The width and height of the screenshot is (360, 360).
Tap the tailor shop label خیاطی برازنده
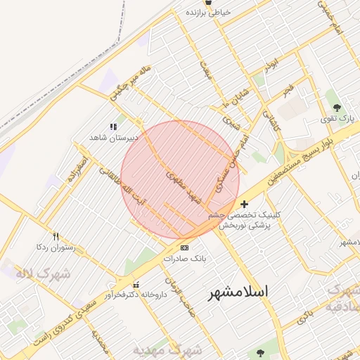(207, 13)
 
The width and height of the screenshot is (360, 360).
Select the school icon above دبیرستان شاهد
(112, 127)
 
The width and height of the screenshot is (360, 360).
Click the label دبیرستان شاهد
(113, 138)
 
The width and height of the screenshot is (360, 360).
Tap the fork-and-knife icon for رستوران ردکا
(56, 237)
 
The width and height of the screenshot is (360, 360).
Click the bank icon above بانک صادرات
(184, 247)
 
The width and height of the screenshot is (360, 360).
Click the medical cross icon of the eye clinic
(244, 204)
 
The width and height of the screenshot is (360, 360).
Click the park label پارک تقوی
(339, 119)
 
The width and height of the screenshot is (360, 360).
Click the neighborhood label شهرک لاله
(43, 273)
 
